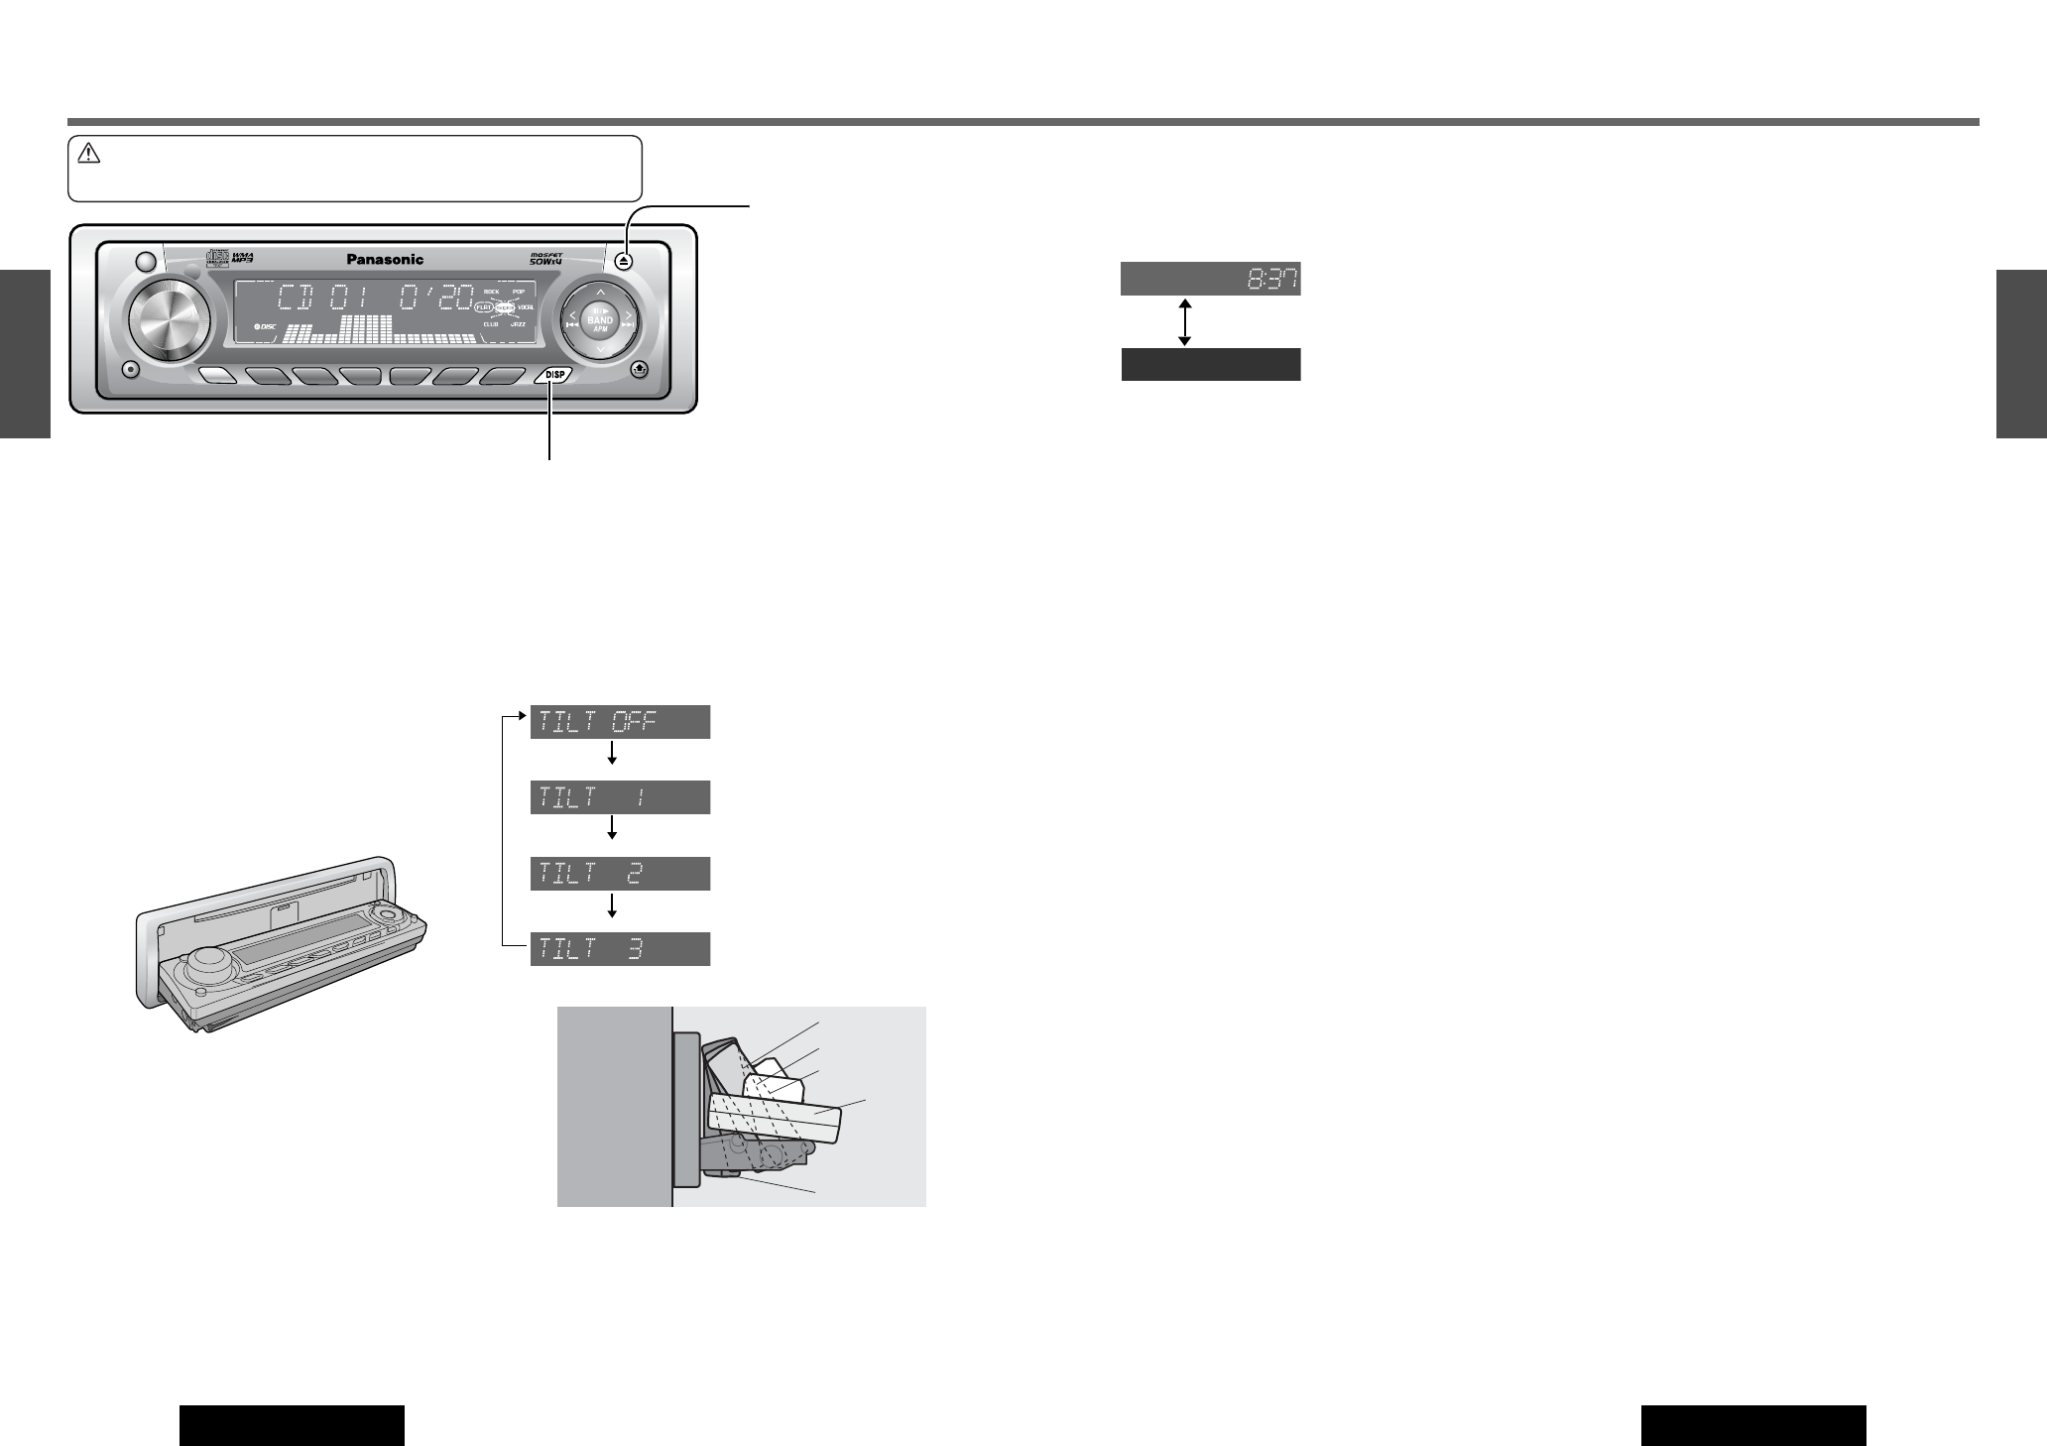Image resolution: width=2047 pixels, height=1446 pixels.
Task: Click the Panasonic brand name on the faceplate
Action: (x=385, y=260)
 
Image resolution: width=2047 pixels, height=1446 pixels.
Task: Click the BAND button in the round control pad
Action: (x=600, y=320)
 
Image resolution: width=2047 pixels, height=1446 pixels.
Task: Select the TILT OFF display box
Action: (x=621, y=722)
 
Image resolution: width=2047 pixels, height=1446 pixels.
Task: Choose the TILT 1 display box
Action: (x=621, y=797)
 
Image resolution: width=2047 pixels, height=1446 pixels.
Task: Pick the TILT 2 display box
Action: (x=621, y=874)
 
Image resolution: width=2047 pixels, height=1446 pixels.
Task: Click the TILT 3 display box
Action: (x=621, y=949)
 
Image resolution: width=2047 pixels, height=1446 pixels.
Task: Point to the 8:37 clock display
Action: (x=1210, y=280)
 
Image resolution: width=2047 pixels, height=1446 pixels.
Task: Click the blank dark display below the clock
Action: (x=1210, y=364)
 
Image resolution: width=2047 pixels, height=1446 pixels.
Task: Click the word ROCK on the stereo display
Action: (x=491, y=293)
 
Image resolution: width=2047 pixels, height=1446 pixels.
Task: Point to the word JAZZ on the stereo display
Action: (x=518, y=324)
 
